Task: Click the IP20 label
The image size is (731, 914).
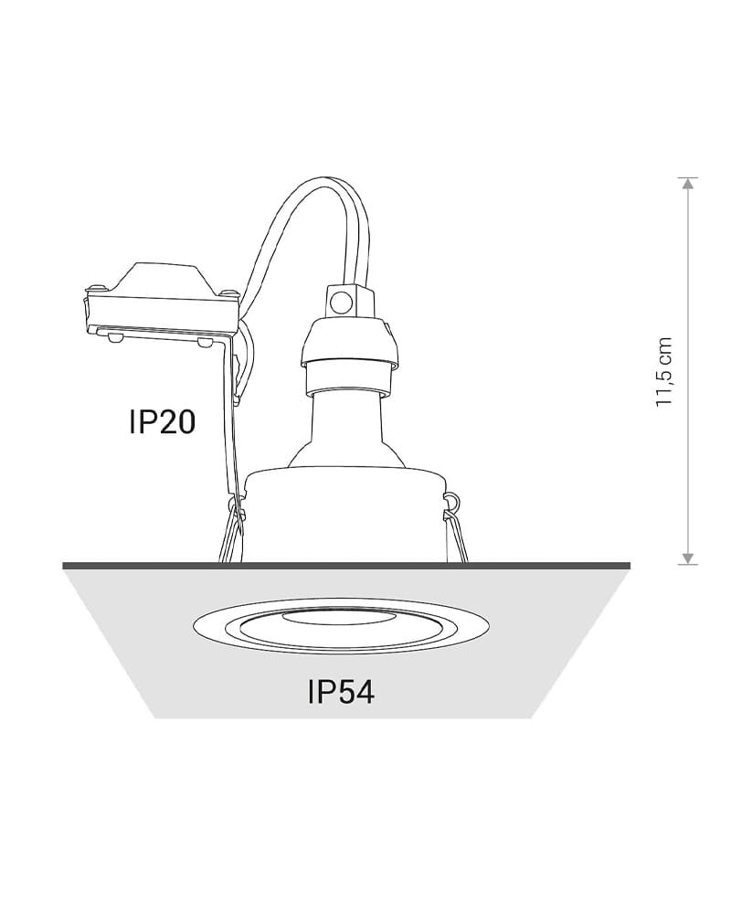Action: coord(162,422)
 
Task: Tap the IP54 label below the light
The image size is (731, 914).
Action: coord(341,692)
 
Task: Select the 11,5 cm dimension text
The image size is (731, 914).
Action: coord(663,372)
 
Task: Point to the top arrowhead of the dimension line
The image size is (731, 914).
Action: coord(688,183)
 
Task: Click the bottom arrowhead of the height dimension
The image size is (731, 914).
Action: coord(688,558)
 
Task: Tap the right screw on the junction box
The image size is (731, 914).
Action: coord(228,291)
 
